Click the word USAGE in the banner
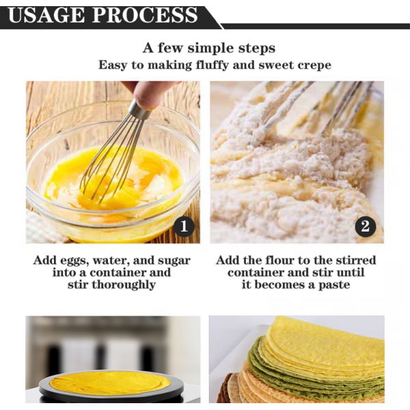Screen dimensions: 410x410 pos(46,15)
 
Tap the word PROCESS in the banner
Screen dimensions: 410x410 pos(145,15)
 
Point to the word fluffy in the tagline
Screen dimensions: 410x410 pos(212,65)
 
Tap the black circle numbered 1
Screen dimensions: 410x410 pos(184,226)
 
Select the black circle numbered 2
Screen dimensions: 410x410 pos(366,226)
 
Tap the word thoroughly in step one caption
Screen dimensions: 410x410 pos(124,284)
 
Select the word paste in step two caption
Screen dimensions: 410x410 pos(334,285)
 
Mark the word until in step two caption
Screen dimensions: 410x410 pos(350,273)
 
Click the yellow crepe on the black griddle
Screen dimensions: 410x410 pos(110,383)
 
